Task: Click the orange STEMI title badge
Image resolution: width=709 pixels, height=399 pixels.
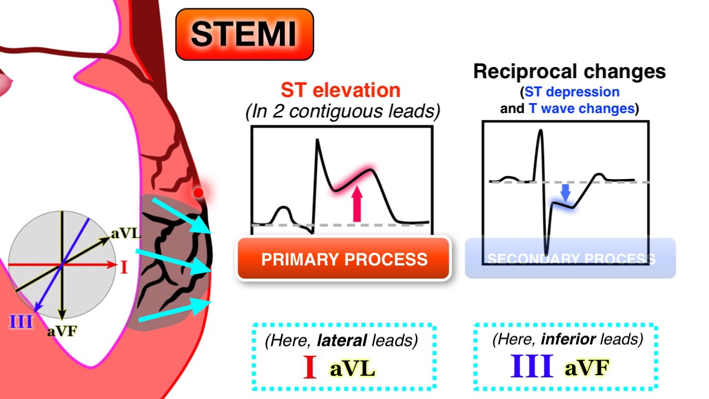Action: [244, 34]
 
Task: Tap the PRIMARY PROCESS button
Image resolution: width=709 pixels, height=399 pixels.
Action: [344, 259]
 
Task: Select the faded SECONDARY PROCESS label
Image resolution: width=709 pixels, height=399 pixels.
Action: [571, 259]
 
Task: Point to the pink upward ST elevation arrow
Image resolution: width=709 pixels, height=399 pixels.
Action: [357, 204]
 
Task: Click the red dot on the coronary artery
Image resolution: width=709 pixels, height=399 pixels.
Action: [198, 193]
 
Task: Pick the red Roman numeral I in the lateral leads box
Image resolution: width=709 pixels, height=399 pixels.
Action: [310, 368]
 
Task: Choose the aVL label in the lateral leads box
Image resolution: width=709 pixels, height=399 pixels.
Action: [352, 369]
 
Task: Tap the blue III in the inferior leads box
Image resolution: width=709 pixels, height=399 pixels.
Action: [532, 367]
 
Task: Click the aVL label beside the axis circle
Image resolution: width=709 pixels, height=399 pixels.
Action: [126, 233]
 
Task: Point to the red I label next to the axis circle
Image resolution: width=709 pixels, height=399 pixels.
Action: [124, 268]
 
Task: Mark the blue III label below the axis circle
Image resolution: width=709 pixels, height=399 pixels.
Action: [21, 321]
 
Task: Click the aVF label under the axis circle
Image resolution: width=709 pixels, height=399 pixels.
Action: [61, 331]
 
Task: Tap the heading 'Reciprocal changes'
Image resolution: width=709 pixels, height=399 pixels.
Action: [569, 71]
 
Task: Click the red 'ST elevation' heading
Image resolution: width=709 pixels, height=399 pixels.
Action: [341, 90]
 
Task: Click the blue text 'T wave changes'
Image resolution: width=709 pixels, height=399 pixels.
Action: [581, 109]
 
